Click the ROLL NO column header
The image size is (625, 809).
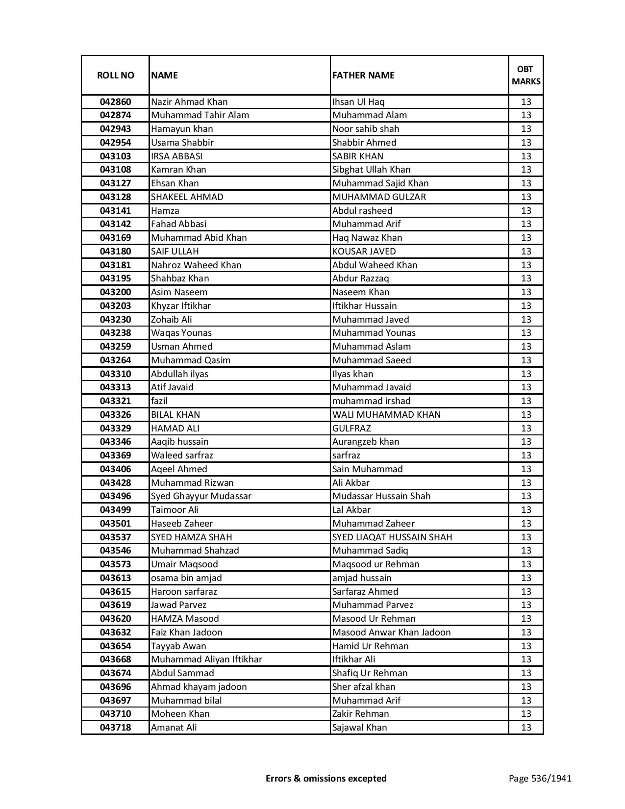coord(115,75)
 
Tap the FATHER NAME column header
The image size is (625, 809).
coord(363,75)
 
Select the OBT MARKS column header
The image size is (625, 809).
coord(526,75)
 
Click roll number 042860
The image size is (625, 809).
coord(115,102)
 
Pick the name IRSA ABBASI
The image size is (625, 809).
coord(176,156)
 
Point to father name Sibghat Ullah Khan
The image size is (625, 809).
coord(371,170)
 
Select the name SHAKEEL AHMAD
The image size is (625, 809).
coord(187,197)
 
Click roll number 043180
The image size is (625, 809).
coord(115,252)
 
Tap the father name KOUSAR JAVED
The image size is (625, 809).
coord(364,252)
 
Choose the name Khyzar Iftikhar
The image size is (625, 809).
coord(180,306)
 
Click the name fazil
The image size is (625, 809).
coord(159,401)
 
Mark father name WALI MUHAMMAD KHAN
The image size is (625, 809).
coord(386,415)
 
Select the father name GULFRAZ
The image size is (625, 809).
coord(351,429)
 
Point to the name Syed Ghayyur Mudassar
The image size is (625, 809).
coord(201,496)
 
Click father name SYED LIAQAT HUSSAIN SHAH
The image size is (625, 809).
coord(392,537)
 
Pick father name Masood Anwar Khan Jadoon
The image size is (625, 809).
coord(391,632)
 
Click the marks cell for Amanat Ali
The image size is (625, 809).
coord(526,728)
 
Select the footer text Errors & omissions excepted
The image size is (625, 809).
coord(326,778)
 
